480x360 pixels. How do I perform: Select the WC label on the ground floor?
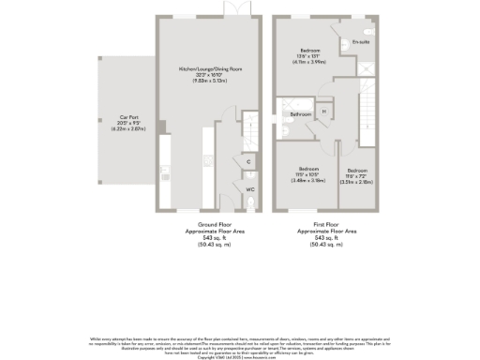250,189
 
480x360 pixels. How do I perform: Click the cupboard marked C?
248,161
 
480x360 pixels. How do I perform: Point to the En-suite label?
360,43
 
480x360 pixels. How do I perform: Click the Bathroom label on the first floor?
300,114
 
